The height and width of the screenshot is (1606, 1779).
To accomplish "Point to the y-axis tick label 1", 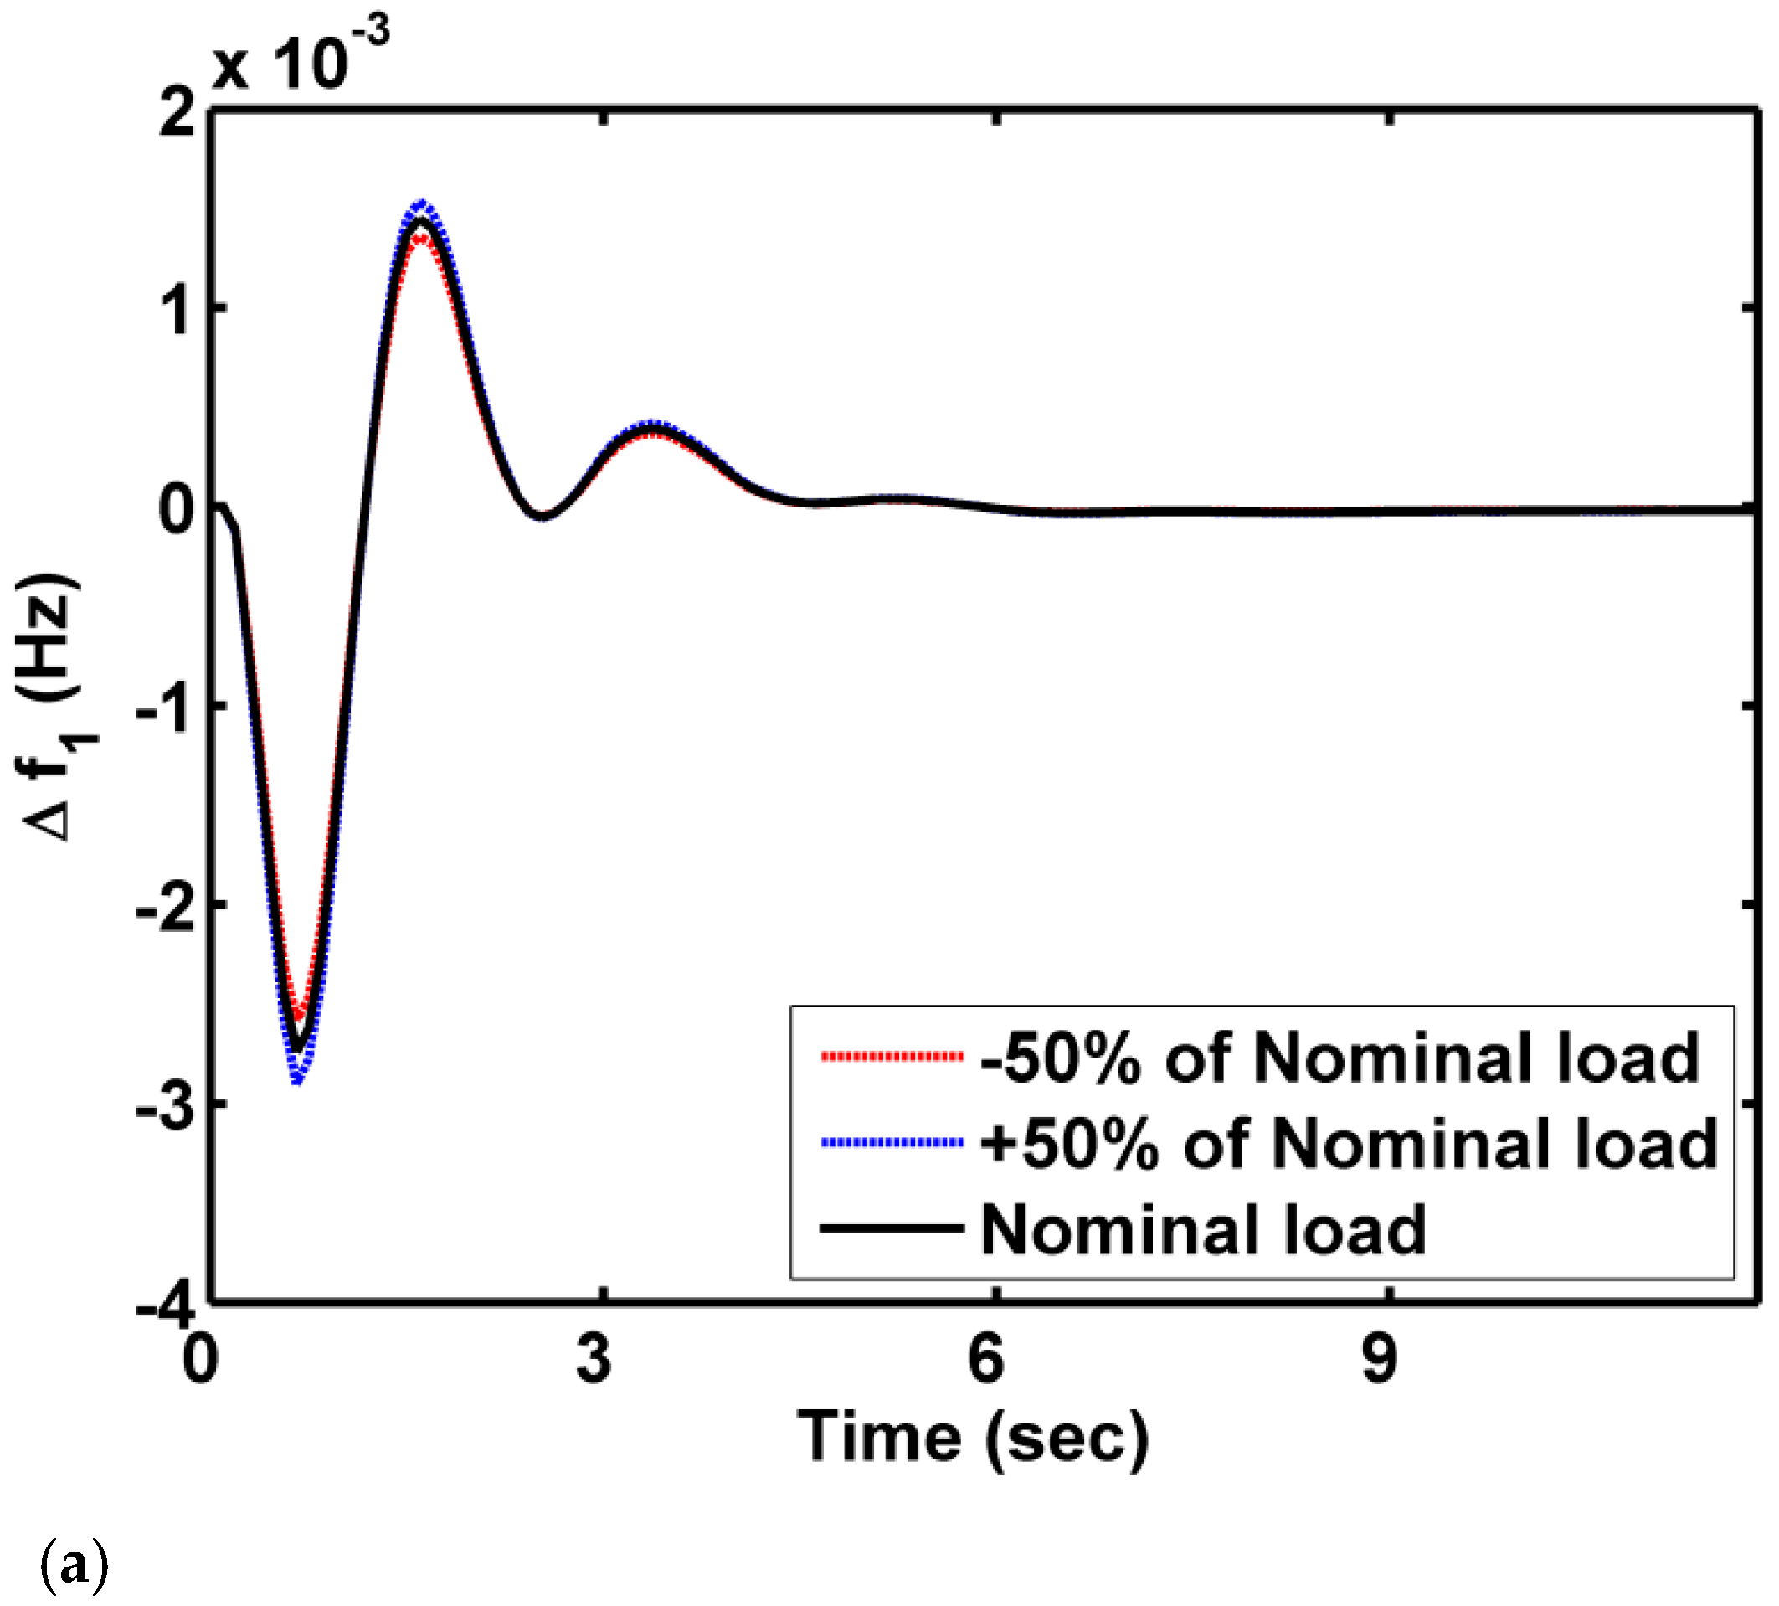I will click(x=179, y=311).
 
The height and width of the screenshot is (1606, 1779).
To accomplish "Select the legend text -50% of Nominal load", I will click(x=1339, y=1058).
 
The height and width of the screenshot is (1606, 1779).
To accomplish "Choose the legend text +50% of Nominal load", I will click(x=1349, y=1145).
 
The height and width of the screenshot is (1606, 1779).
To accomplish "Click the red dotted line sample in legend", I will click(x=892, y=1056).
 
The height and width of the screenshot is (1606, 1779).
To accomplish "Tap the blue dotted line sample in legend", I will click(x=892, y=1143).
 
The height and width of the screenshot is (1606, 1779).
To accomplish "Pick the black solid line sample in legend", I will click(x=892, y=1228).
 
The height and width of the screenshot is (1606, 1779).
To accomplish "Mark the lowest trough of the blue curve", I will click(x=297, y=1080).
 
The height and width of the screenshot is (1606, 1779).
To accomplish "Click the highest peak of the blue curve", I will click(x=423, y=203).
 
